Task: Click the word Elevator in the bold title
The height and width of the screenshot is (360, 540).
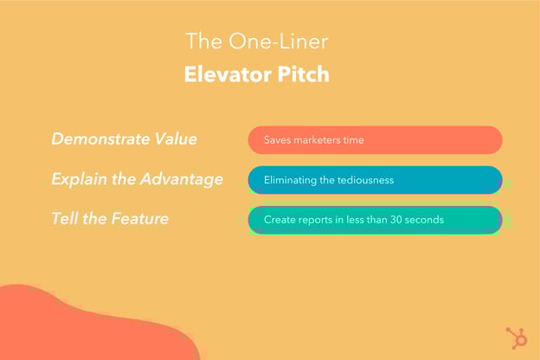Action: click(223, 74)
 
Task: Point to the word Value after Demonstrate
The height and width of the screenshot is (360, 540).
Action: click(176, 139)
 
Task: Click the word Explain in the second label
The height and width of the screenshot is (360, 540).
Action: click(79, 179)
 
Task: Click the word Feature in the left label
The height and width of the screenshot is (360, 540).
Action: click(138, 219)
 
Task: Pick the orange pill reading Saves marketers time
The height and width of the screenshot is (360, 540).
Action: click(375, 140)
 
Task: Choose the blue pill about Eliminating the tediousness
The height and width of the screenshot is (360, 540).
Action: click(375, 180)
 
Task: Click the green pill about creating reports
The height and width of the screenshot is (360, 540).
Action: click(375, 220)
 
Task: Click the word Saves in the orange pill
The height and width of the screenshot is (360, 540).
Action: click(278, 140)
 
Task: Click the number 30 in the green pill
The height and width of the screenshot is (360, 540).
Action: click(396, 220)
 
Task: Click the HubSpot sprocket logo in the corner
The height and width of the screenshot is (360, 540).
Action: click(516, 337)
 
